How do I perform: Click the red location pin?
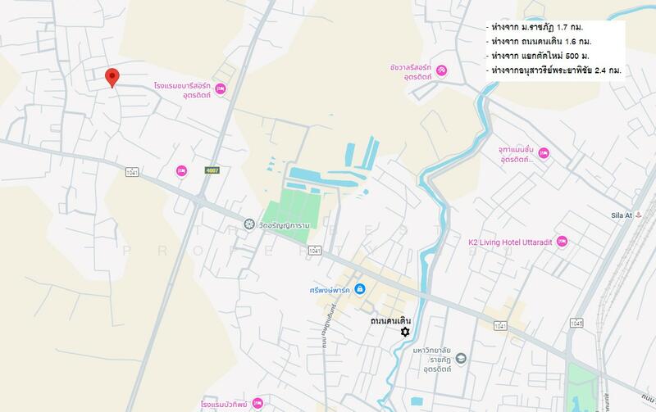click(x=113, y=77)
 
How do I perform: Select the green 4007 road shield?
click(x=212, y=170)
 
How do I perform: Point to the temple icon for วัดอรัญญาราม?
click(x=249, y=224)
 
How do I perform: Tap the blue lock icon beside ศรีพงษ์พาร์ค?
click(x=359, y=288)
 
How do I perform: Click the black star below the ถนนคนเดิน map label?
click(x=404, y=331)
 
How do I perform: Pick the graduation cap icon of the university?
click(x=461, y=358)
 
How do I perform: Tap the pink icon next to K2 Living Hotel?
click(x=562, y=242)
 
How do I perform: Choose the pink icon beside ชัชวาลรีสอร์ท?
click(x=441, y=70)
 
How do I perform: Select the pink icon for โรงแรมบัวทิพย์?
click(x=258, y=403)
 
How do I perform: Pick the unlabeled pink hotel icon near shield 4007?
click(x=182, y=170)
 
